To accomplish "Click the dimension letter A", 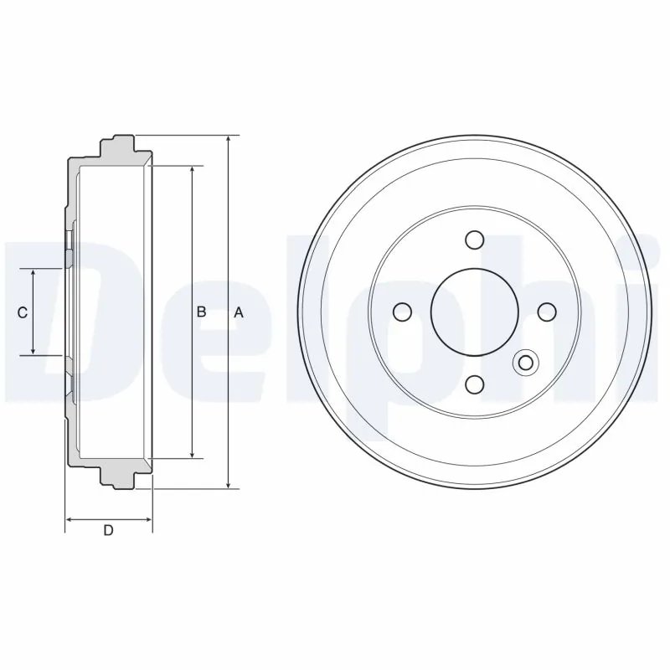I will (239, 312).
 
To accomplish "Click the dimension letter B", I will (202, 312).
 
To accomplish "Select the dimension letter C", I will (23, 312).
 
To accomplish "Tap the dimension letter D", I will (108, 529).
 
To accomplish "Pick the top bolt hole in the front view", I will (475, 240).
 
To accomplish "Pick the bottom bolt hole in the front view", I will (475, 384).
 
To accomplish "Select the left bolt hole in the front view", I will (402, 312).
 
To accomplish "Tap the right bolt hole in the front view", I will (547, 312).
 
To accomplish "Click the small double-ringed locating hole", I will (526, 363).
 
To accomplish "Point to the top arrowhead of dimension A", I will (229, 139).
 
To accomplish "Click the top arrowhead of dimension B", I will (193, 170).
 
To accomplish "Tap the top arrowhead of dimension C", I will (33, 274).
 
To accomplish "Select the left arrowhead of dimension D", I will (70, 520).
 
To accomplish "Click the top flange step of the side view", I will (117, 145).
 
